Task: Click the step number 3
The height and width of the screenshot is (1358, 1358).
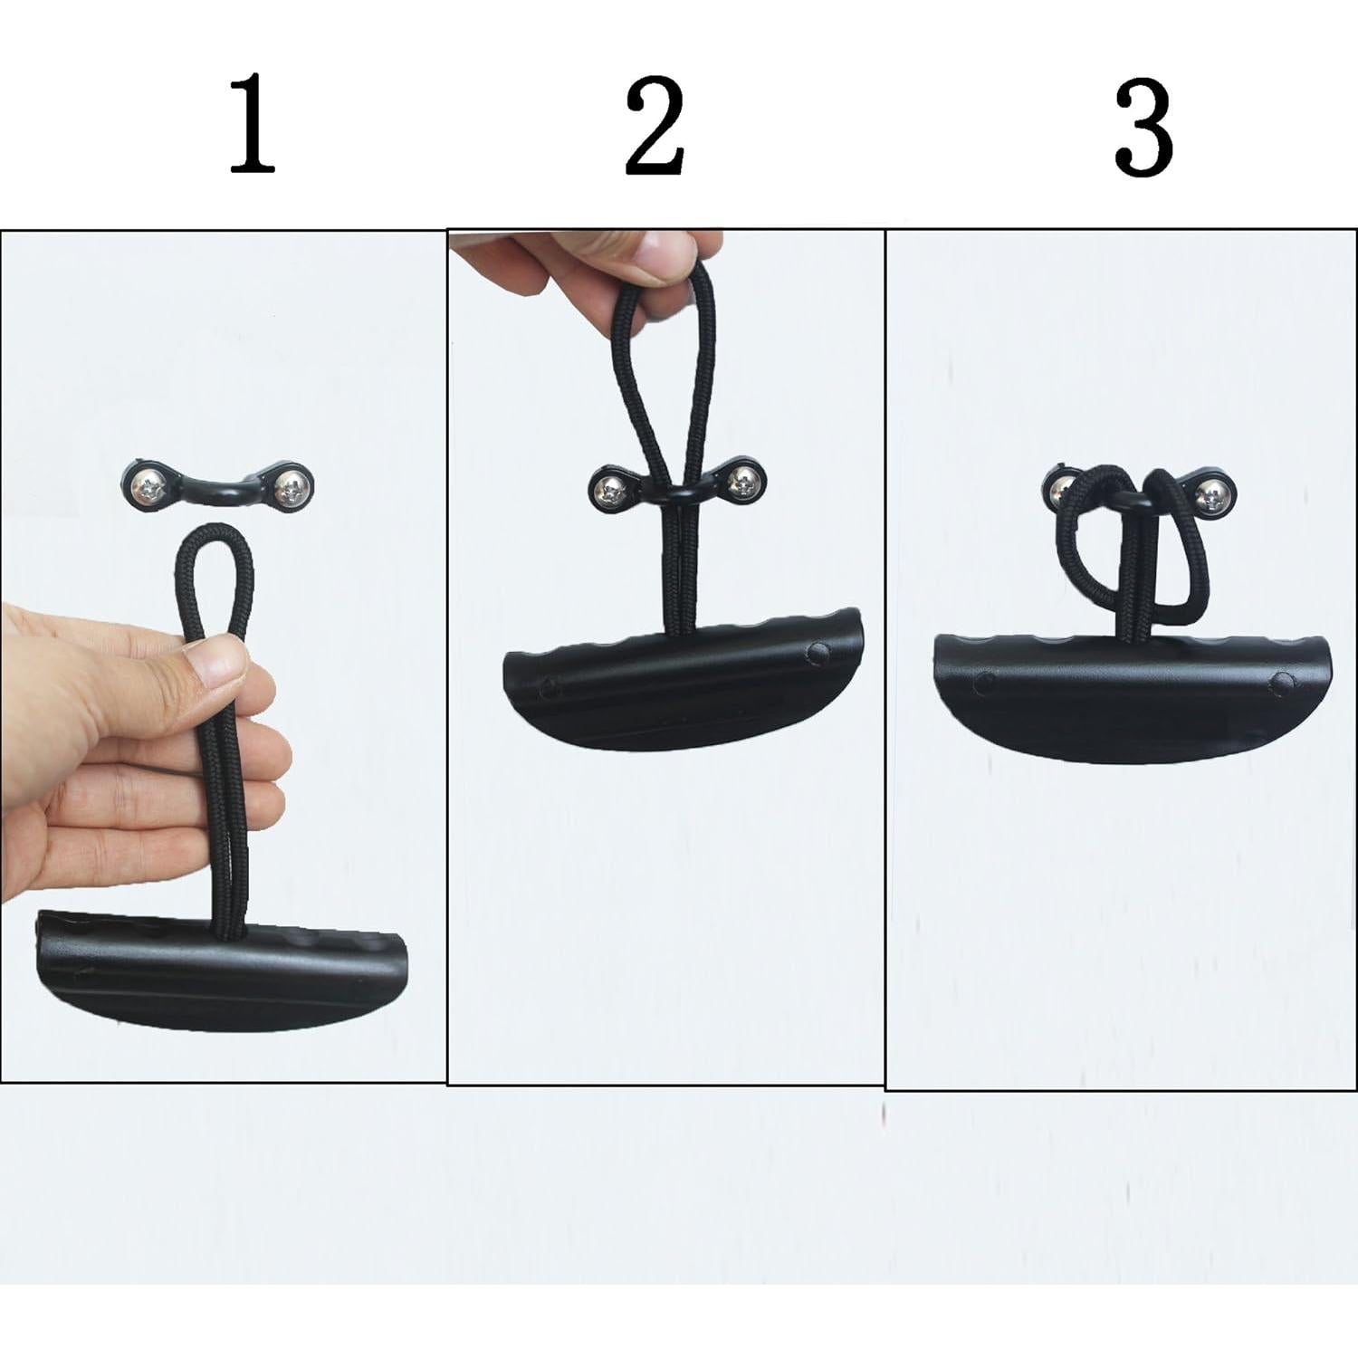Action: pyautogui.click(x=1143, y=129)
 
